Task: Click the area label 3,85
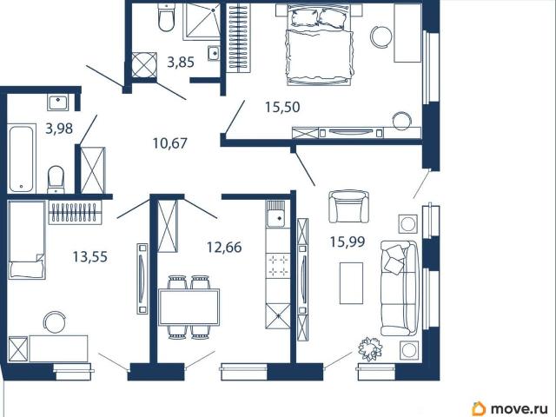[x=181, y=63]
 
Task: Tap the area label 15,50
[x=282, y=107]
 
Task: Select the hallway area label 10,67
[x=170, y=143]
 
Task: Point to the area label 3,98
[x=59, y=129]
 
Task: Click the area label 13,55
[x=90, y=257]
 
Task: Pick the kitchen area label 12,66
[x=224, y=247]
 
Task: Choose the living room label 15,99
[x=347, y=242]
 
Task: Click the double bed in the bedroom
[x=320, y=45]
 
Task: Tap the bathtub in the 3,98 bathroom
[x=22, y=158]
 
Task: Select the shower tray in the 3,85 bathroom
[x=201, y=21]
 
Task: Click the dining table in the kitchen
[x=189, y=307]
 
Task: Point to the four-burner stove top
[x=278, y=266]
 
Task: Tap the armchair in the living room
[x=348, y=207]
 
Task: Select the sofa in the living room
[x=400, y=288]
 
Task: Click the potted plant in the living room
[x=370, y=348]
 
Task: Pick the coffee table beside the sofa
[x=351, y=283]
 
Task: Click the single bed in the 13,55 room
[x=27, y=240]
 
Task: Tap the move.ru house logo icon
[x=479, y=409]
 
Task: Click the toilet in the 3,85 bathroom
[x=166, y=17]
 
